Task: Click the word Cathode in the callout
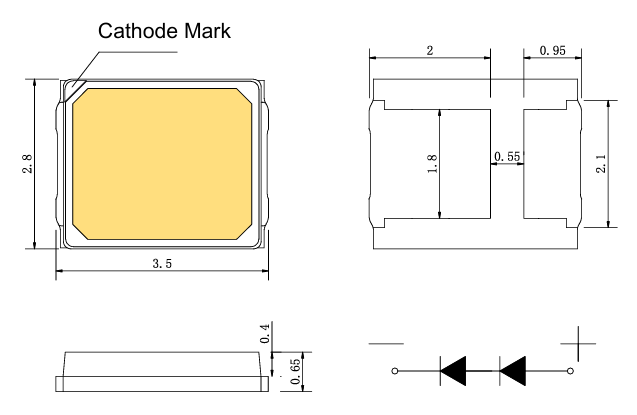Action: pos(139,31)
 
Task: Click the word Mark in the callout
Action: pos(208,31)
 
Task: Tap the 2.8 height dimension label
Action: pos(27,164)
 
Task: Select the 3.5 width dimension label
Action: pos(162,264)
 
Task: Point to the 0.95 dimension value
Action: pos(552,50)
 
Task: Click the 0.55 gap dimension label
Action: pos(507,156)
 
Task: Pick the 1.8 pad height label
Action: pos(432,164)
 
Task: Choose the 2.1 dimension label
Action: pos(601,163)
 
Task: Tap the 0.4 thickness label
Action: pos(264,333)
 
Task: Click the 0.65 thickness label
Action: pos(296,371)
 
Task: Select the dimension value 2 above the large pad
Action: pos(430,51)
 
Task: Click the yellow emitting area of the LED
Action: pos(162,164)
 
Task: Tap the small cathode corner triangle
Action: pos(72,89)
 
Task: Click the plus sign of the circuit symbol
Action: pos(578,344)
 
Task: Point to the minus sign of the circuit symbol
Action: pos(386,344)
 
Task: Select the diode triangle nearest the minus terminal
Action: pos(453,371)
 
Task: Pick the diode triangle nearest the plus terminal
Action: pos(512,371)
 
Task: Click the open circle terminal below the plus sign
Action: pos(570,371)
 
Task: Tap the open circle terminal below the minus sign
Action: pos(395,371)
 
